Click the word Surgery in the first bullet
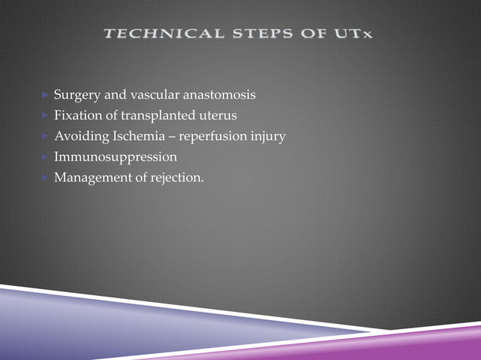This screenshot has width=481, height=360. pos(76,96)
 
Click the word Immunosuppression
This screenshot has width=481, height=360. pos(115,157)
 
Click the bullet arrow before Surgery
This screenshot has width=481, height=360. pos(44,96)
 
